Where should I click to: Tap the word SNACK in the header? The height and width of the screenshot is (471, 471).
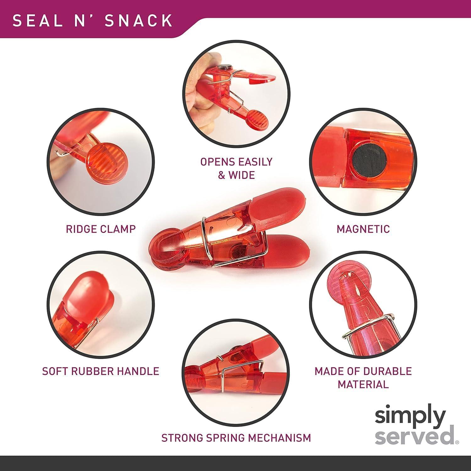[x=138, y=20]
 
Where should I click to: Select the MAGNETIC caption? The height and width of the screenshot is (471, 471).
[x=363, y=229]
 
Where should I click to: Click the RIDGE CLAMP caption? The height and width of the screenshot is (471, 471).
[x=100, y=229]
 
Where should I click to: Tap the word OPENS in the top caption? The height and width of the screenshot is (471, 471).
[x=218, y=162]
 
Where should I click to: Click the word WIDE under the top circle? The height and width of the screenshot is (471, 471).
[x=241, y=175]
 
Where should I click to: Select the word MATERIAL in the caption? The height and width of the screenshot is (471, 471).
[x=363, y=384]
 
